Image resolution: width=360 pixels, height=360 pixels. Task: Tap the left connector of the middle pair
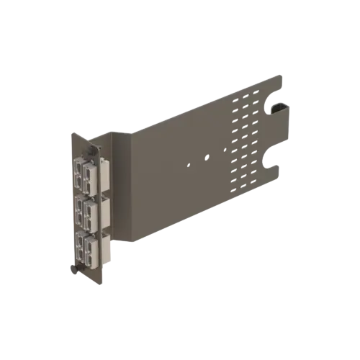(76, 210)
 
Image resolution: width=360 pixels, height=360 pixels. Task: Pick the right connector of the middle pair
(89, 213)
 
